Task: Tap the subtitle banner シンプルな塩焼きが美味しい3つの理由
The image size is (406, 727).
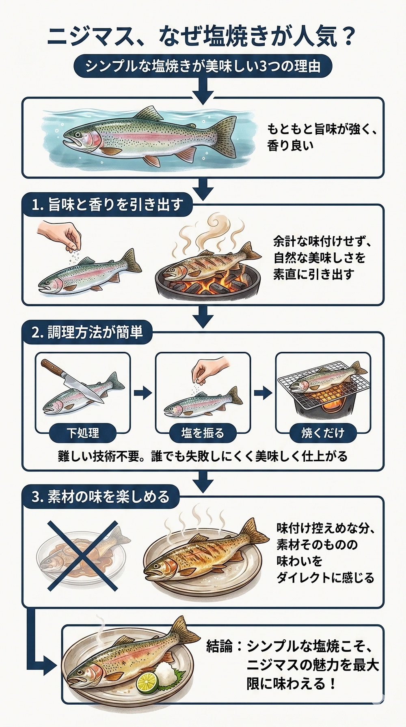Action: point(202,66)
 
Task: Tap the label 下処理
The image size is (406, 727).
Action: point(82,433)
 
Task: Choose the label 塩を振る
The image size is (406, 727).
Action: point(202,433)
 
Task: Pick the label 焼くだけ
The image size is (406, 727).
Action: point(322,433)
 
